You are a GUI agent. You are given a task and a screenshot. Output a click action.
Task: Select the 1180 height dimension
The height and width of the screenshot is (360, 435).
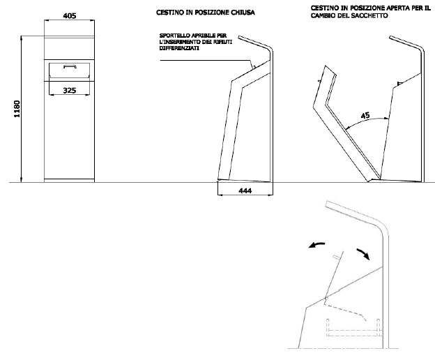pos(17,109)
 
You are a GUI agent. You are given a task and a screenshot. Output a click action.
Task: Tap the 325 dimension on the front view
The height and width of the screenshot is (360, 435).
pos(70,90)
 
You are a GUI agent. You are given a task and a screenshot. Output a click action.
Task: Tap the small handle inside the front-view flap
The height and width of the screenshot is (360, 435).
pos(70,67)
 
